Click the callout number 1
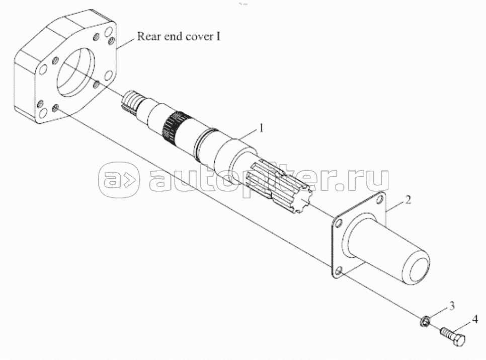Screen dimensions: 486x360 click(x=261, y=128)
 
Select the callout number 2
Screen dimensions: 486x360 click(x=408, y=200)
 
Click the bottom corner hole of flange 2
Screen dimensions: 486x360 click(x=339, y=271)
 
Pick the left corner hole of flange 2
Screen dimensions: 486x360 click(x=339, y=223)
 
